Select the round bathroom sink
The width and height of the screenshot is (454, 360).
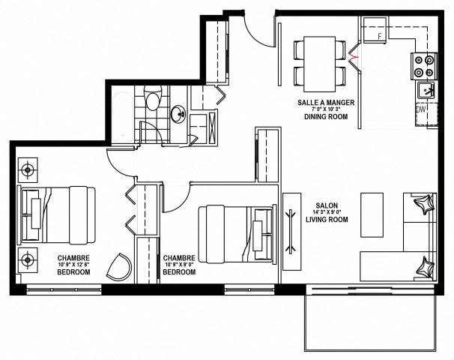[x=180, y=115]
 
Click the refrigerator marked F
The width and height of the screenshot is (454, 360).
[x=380, y=34]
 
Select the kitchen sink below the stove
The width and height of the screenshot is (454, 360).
[x=425, y=91]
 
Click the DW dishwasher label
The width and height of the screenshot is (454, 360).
[x=421, y=109]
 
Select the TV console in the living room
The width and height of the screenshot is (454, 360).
[x=291, y=232]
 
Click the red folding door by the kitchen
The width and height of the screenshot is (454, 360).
[x=353, y=55]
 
